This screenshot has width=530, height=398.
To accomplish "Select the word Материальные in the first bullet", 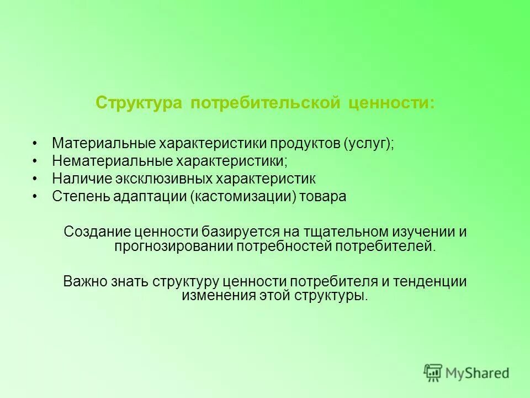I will (x=103, y=143).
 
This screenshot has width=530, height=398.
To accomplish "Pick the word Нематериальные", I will (x=112, y=161).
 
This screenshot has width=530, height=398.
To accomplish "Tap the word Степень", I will (x=76, y=197).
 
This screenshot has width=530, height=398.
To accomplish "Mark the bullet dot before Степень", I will (x=35, y=197).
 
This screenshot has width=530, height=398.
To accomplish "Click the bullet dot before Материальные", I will (x=35, y=143).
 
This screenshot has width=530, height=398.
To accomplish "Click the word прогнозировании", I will (x=173, y=246).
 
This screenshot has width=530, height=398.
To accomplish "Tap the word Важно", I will (x=82, y=281).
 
